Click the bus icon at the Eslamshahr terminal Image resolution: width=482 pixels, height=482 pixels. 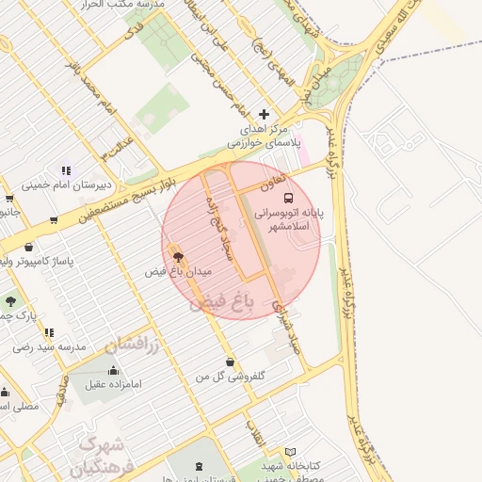[288, 199]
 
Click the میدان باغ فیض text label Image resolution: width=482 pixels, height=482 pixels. [178, 271]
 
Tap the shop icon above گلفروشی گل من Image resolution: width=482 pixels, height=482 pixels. [230, 361]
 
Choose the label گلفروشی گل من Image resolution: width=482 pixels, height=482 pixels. [230, 377]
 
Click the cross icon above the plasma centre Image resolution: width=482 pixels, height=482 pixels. [264, 114]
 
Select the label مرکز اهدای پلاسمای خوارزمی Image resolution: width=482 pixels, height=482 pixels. [263, 136]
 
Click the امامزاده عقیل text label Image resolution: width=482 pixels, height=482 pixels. [111, 384]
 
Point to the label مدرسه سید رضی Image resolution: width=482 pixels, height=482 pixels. [50, 346]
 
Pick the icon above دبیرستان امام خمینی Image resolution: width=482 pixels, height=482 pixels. [66, 170]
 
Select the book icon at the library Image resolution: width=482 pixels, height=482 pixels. [290, 453]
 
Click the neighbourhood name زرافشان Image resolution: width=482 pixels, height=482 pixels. [130, 342]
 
